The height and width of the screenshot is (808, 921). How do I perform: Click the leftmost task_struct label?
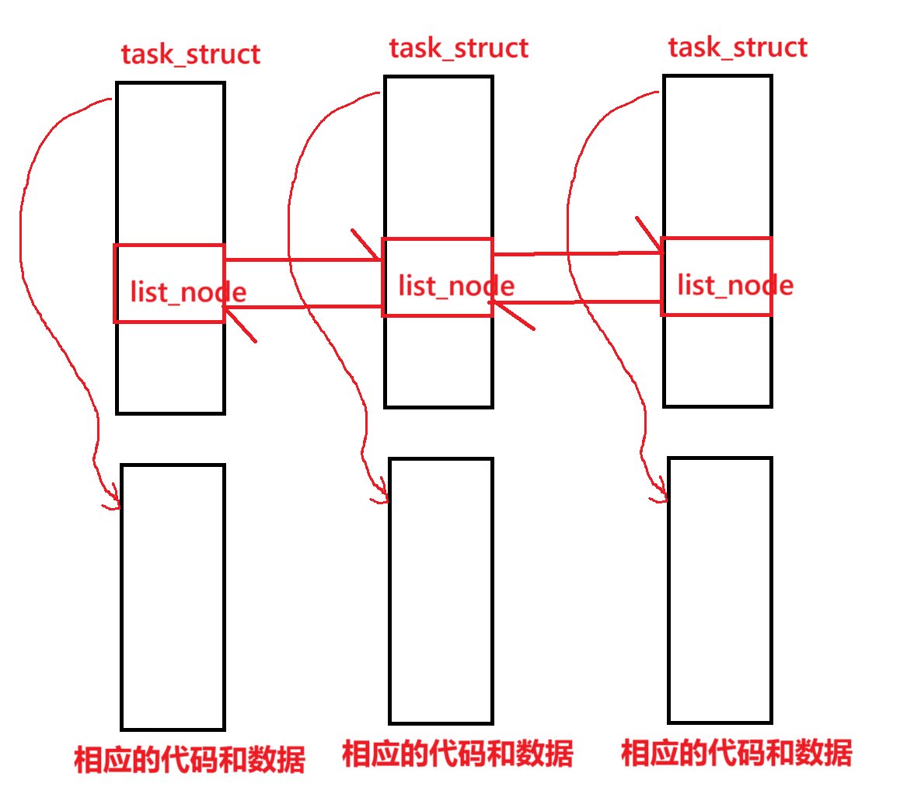pos(190,55)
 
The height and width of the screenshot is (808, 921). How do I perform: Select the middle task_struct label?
pos(459,49)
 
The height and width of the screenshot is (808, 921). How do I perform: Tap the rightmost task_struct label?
pos(738,48)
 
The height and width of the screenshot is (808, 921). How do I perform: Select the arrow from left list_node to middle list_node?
pos(326,259)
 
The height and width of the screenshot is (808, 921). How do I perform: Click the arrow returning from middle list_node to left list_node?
pos(326,308)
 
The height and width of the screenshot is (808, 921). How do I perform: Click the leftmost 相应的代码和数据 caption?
pos(190,759)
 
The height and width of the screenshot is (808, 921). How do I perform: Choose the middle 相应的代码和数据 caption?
pos(458,754)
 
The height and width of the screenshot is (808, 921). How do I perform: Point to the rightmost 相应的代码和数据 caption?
pos(737,754)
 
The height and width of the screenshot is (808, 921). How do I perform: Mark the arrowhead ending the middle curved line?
pos(381,496)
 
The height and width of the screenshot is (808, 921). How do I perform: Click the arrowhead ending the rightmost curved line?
pos(661,496)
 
